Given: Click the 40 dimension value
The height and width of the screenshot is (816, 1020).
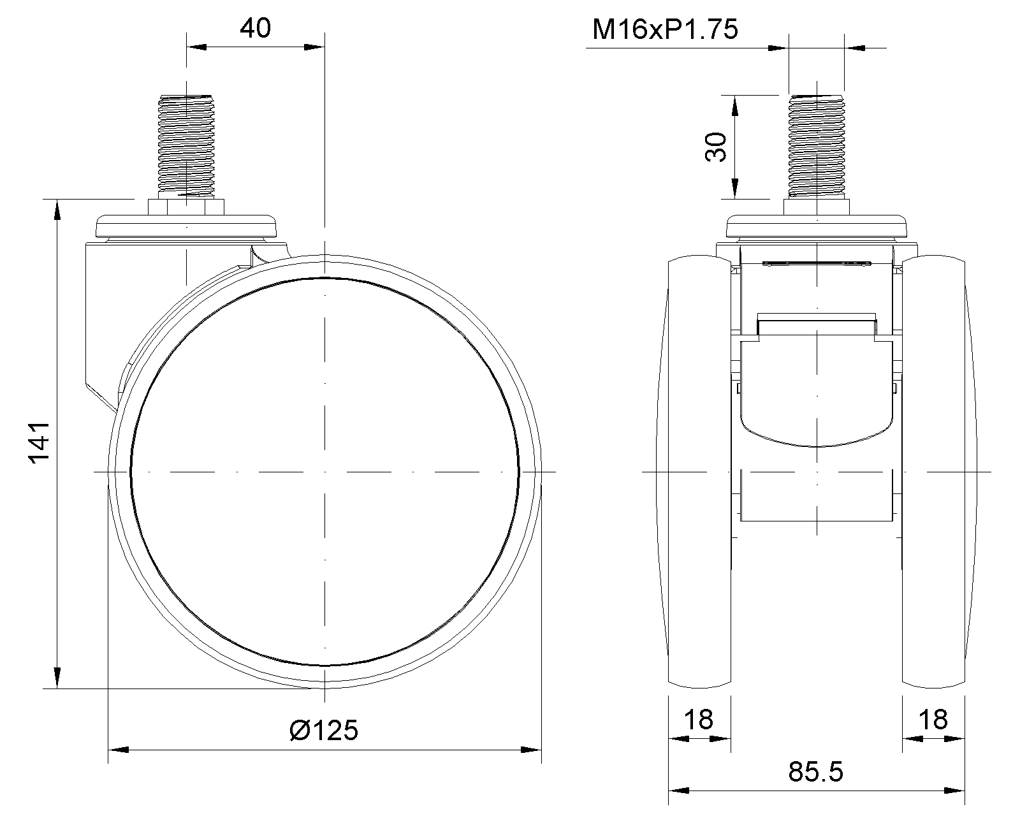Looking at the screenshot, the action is click(x=255, y=29).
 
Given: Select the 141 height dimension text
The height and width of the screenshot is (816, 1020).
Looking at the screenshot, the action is click(x=40, y=442).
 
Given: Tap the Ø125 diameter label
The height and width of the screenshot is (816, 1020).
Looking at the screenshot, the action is click(x=324, y=730).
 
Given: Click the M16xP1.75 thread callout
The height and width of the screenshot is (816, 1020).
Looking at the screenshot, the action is click(x=665, y=29).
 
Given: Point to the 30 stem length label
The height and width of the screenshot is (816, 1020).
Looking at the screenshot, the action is click(x=716, y=147).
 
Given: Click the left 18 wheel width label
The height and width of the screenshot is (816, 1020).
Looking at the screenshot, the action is click(x=699, y=720).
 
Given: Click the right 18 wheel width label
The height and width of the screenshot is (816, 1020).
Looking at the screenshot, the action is click(x=933, y=720).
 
